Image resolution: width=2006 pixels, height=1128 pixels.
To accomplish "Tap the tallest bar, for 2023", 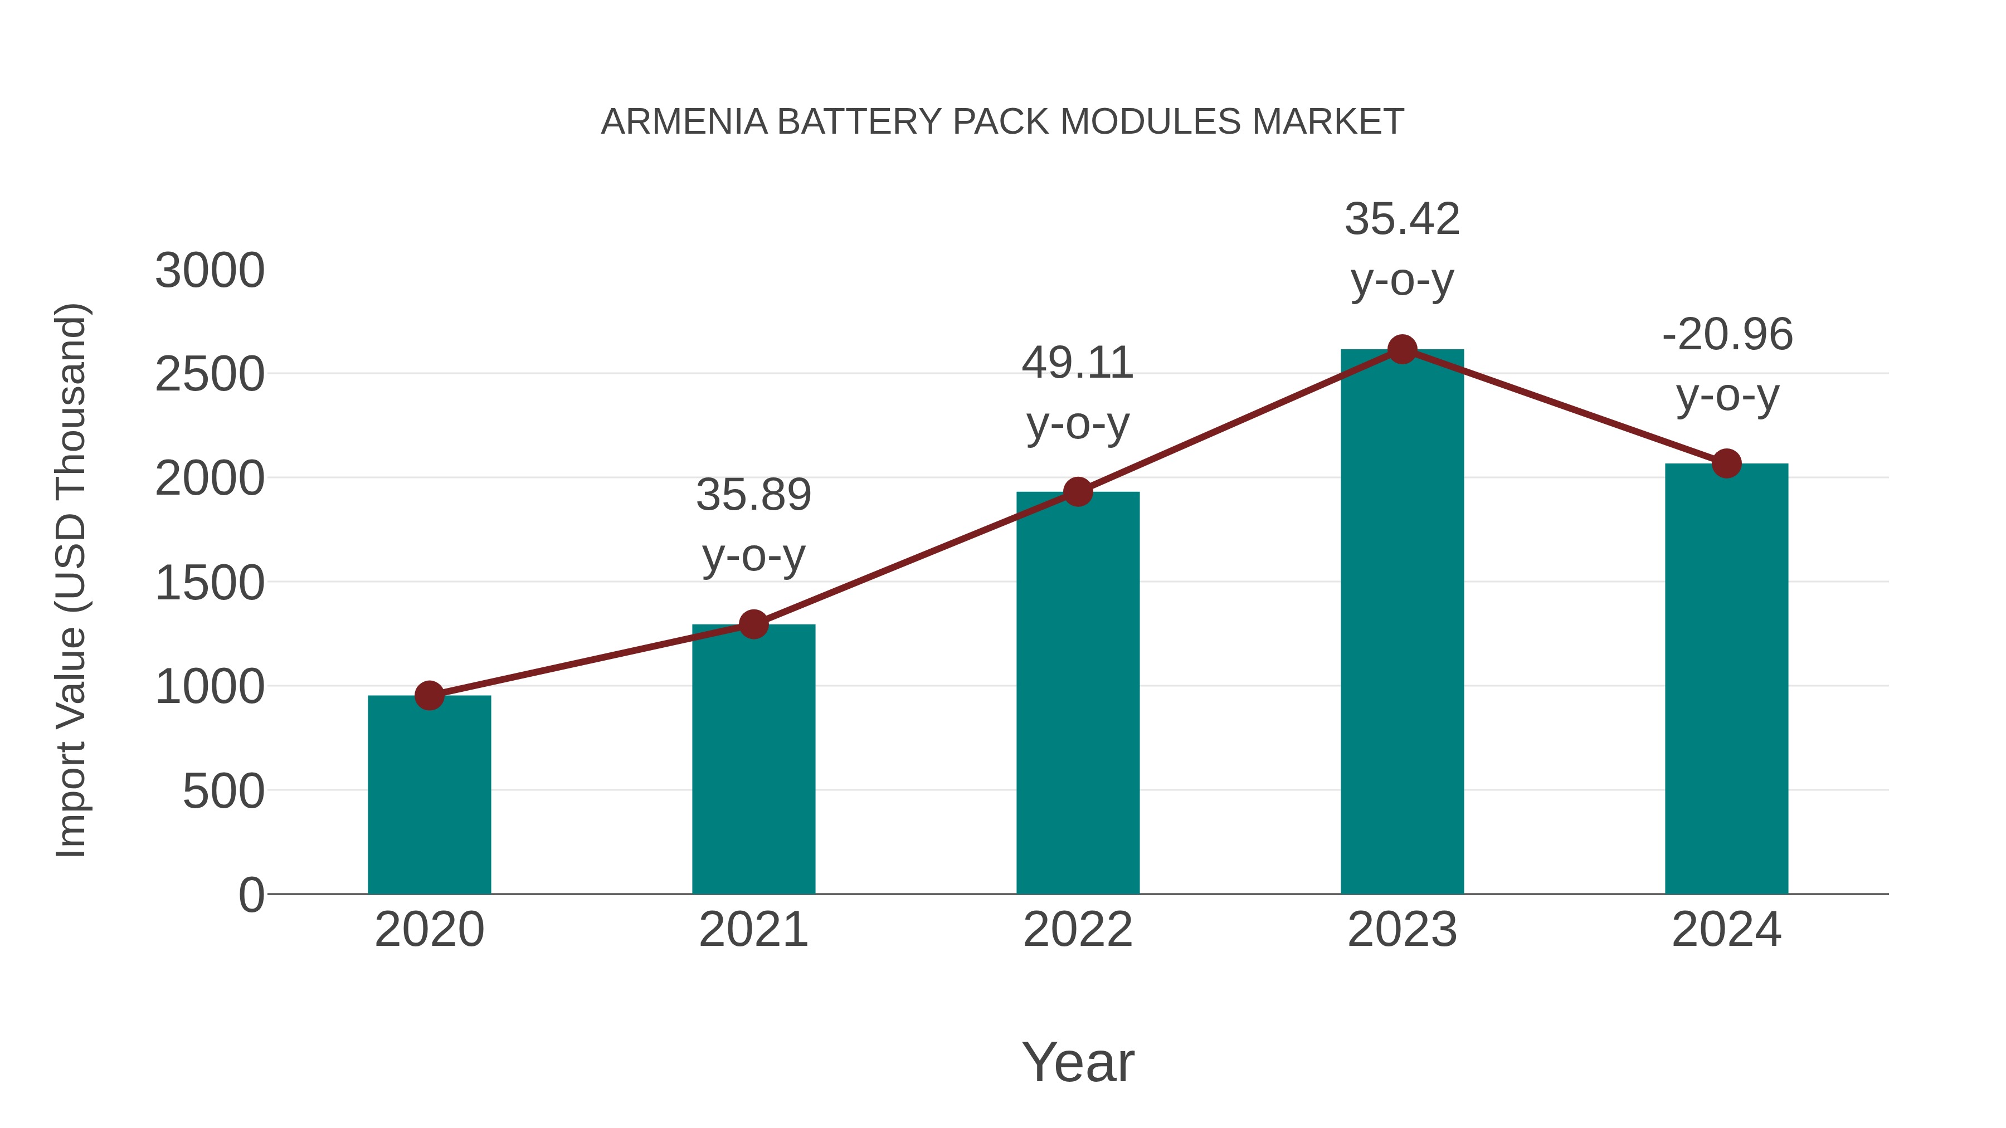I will coord(1402,623).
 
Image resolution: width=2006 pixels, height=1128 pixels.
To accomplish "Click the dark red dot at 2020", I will coord(429,695).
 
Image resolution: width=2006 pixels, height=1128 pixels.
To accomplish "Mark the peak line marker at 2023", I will coord(1402,349).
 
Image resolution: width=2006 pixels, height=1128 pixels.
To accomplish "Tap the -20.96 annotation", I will coord(1727,335).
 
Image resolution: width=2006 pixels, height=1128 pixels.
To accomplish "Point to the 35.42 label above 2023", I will coord(1402,219).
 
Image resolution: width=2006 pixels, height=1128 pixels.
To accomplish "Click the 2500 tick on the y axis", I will coord(210,375).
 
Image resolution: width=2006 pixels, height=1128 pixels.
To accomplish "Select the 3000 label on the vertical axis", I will coord(210,271).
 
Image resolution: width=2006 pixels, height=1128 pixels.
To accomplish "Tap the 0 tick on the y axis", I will coord(251,895).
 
